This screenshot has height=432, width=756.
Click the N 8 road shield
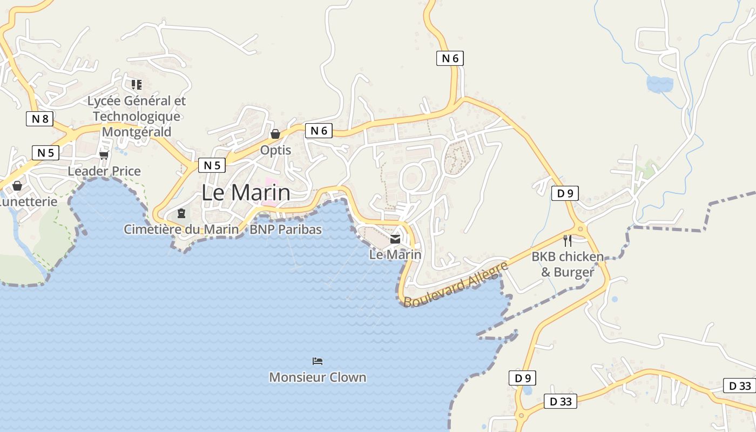pos(39,119)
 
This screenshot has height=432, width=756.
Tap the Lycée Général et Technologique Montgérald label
pos(137,116)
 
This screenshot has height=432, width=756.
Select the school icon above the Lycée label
pos(137,84)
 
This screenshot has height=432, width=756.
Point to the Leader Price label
pos(104,171)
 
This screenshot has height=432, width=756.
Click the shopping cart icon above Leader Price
pos(104,155)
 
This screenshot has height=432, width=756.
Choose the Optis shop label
pos(275,150)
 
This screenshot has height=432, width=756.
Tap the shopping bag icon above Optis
pos(275,134)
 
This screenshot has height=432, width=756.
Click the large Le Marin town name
pos(246,193)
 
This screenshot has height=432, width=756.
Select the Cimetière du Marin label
pos(181,230)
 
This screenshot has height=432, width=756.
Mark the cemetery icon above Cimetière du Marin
pos(181,214)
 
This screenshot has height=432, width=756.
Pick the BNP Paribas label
pos(286,230)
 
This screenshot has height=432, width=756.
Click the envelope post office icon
pos(395,239)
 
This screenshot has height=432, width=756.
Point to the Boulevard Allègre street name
pos(456,285)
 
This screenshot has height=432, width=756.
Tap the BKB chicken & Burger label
pos(568,264)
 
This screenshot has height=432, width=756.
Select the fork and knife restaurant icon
pos(567,241)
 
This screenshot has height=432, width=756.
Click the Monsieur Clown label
pos(318,377)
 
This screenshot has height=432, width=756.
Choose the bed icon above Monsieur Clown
pos(318,361)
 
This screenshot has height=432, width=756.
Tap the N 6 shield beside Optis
pos(319,130)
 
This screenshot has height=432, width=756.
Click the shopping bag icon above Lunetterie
pos(17,186)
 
